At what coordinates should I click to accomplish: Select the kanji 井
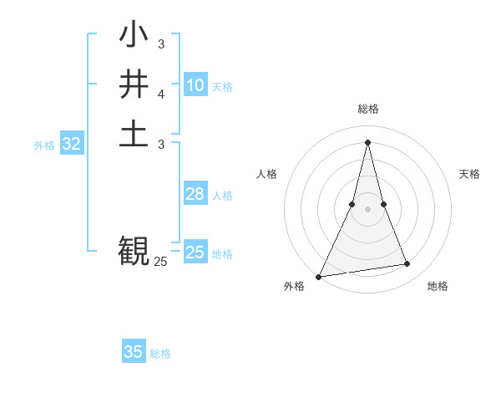click(x=134, y=84)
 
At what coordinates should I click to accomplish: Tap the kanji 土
click(x=134, y=135)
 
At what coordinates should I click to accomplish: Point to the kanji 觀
click(x=134, y=249)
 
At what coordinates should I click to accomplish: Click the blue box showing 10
click(x=195, y=84)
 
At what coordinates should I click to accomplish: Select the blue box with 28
click(x=195, y=194)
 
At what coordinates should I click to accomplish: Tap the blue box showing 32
click(x=72, y=144)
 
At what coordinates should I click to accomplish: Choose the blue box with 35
click(x=134, y=352)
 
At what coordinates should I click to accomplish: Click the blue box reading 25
click(x=195, y=253)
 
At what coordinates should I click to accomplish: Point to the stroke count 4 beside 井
click(x=161, y=94)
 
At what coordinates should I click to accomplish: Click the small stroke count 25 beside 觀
click(x=160, y=262)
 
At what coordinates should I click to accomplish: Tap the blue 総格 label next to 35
click(x=160, y=354)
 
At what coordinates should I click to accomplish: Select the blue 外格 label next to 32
click(x=44, y=145)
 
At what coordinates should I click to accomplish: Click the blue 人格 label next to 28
click(x=222, y=196)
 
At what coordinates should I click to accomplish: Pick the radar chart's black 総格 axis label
click(x=368, y=109)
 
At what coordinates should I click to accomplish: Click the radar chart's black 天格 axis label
click(x=470, y=174)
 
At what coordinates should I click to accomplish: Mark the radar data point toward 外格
click(x=319, y=276)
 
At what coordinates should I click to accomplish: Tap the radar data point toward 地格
click(x=407, y=264)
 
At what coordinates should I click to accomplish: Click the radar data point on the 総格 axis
click(x=368, y=141)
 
